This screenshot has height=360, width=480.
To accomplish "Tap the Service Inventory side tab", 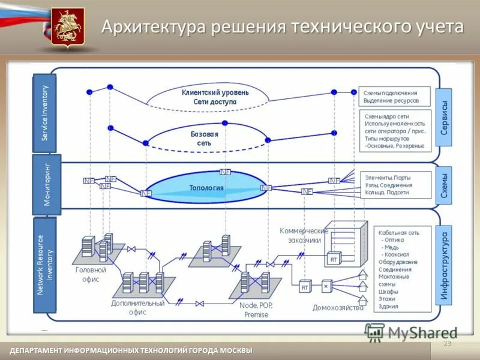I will coord(44,113).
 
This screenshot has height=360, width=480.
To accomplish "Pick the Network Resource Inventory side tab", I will coord(45,265).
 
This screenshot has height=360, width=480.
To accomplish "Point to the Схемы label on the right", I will coord(444,185).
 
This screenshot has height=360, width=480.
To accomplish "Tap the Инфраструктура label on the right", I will coord(444,266).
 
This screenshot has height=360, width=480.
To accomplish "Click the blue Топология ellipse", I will coord(206,187).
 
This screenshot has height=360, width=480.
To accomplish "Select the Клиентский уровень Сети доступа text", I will coord(215,97).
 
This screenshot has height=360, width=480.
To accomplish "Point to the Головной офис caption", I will coord(91,274).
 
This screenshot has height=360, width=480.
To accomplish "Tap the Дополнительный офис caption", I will coord(137,307).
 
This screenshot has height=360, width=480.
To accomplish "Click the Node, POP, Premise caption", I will coord(257,310).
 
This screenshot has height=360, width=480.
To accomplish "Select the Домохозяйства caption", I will coord(338,308).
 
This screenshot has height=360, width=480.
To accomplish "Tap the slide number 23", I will coord(446,343).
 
